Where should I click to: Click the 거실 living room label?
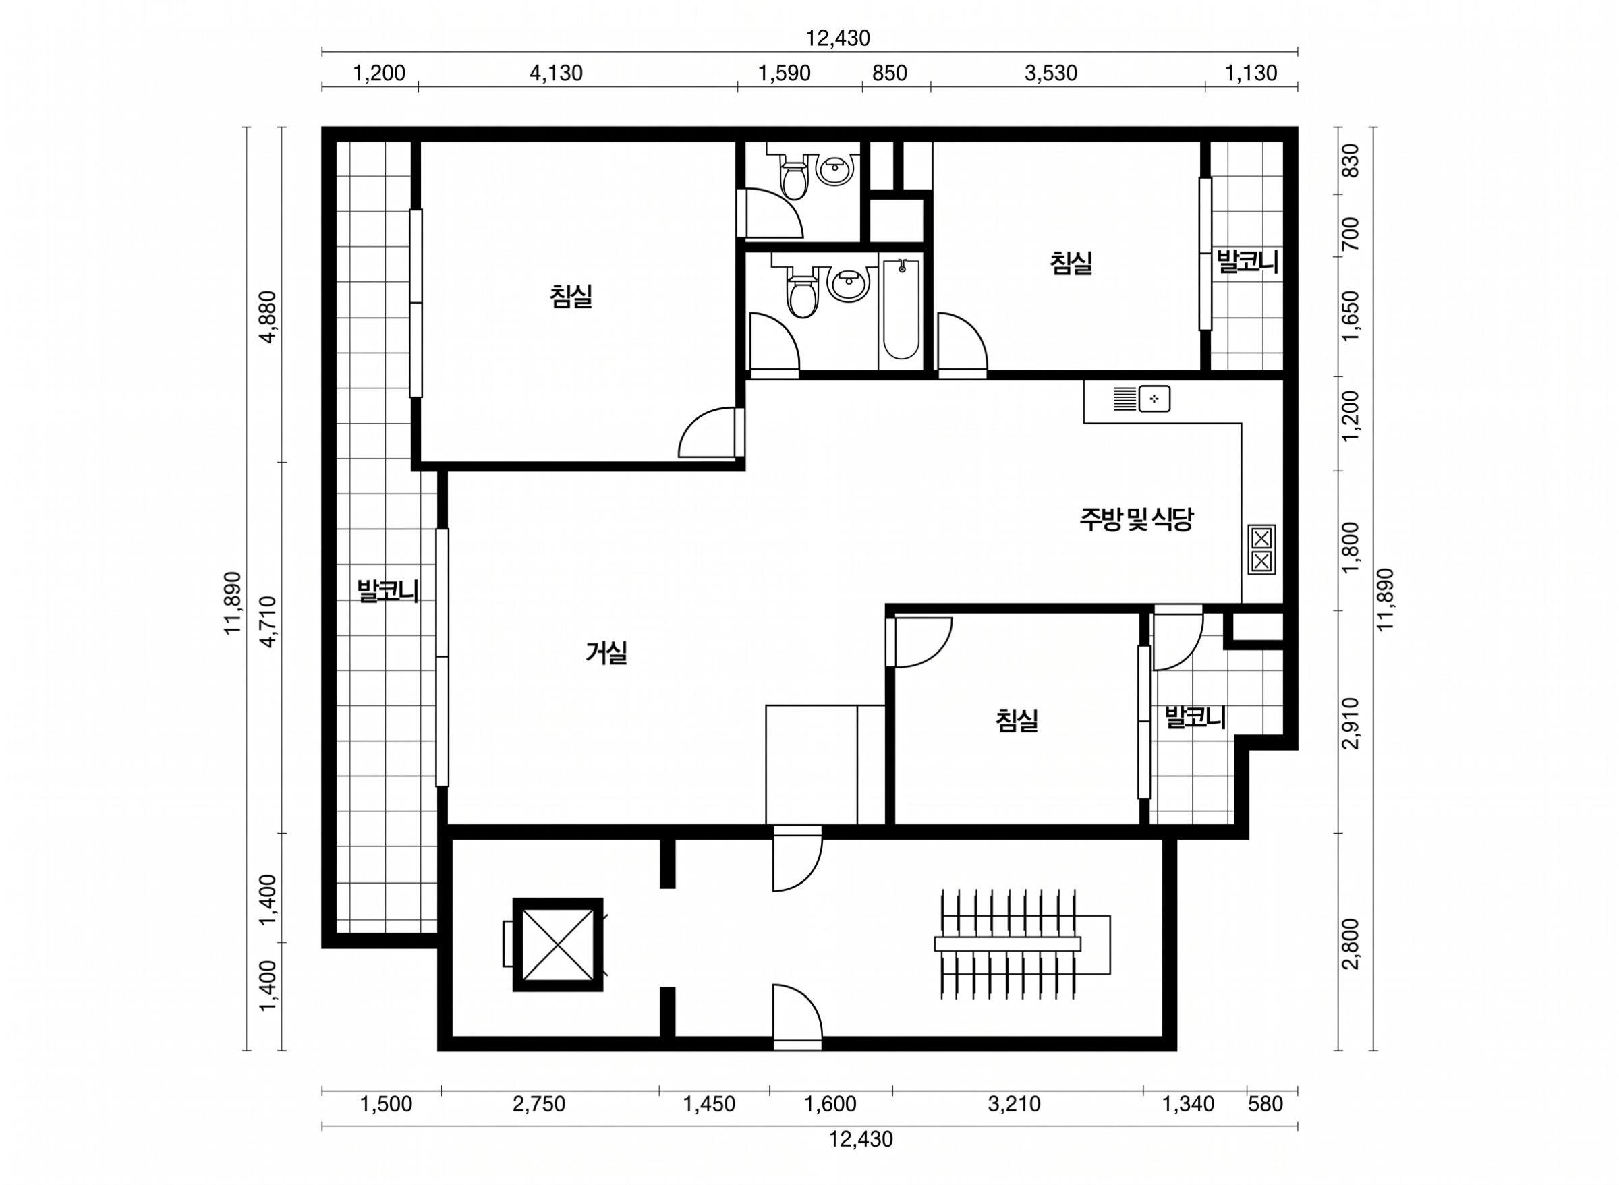(x=606, y=653)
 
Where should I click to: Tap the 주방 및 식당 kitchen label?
(x=1135, y=519)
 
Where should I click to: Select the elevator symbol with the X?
(x=558, y=945)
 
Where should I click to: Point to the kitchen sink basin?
(x=1154, y=399)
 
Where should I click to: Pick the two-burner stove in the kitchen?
(x=1261, y=550)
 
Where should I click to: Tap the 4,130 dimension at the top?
(x=556, y=73)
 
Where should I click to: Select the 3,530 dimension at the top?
(x=1051, y=73)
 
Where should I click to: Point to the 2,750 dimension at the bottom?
(x=540, y=1104)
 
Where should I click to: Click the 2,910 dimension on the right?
(x=1351, y=723)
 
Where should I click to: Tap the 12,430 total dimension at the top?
(x=837, y=38)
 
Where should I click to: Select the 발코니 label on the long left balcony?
(x=388, y=591)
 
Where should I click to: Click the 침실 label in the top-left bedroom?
(x=571, y=295)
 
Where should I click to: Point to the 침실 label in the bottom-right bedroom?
(x=1017, y=720)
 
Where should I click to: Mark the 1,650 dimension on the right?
(x=1351, y=316)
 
